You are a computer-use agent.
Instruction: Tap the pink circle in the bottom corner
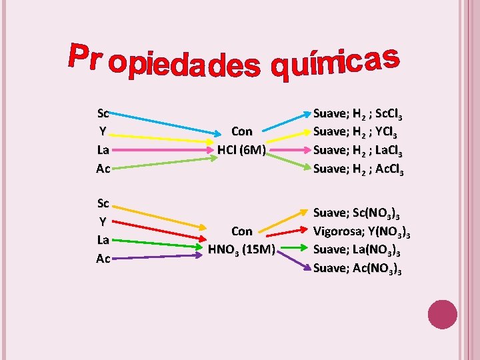tap(443, 315)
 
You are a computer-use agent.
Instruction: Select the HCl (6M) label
tap(241, 150)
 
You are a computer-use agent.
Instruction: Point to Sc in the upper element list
tap(103, 113)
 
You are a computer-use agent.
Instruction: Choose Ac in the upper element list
tap(103, 169)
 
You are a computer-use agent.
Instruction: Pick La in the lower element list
tap(103, 239)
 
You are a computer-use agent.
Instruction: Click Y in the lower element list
tap(103, 221)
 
